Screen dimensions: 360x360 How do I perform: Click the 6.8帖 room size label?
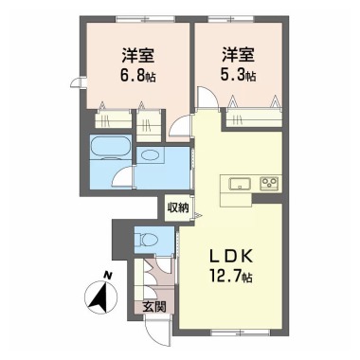(138, 76)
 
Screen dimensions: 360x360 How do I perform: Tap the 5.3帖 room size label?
(238, 76)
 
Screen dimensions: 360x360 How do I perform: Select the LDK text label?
(231, 257)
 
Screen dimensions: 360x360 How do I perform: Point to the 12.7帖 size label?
(231, 277)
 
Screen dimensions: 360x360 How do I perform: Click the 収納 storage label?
(178, 208)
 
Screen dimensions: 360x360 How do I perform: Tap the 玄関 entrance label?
(153, 307)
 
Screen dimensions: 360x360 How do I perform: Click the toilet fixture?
(147, 240)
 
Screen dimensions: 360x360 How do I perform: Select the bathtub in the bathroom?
(111, 148)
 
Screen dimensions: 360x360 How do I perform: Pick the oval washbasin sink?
(150, 155)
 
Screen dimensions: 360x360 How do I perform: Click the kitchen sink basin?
(240, 184)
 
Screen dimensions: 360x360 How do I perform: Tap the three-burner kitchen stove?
(269, 184)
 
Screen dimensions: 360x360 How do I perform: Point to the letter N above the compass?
(108, 275)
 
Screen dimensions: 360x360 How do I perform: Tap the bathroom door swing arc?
(123, 177)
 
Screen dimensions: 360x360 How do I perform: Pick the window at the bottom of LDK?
(240, 332)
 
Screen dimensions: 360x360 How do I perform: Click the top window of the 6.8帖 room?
(146, 19)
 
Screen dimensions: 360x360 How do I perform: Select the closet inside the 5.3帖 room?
(254, 118)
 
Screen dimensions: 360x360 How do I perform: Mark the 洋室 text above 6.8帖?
(138, 55)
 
